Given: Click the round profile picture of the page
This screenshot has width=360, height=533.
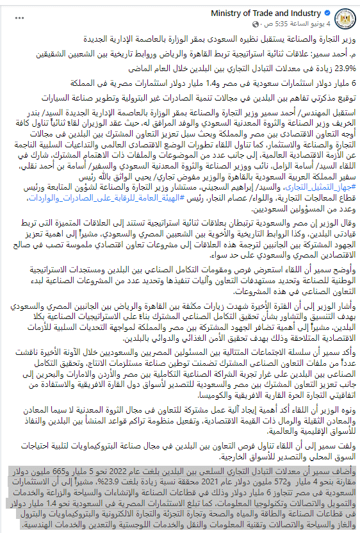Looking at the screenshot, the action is click(x=344, y=18).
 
